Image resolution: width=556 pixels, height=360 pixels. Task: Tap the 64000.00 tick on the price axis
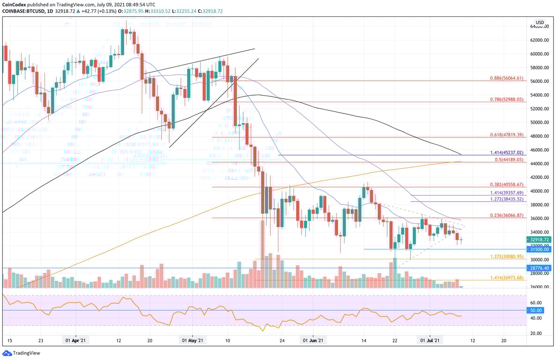click(x=540, y=27)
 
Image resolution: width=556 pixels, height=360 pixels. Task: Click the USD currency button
click(x=540, y=22)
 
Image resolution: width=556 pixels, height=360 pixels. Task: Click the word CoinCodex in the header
click(x=15, y=4)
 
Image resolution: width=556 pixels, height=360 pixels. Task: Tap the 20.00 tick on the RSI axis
click(x=536, y=333)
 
